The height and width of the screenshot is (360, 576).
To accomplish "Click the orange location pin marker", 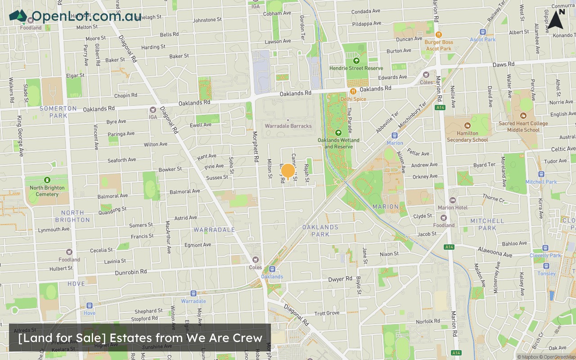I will click(x=288, y=171).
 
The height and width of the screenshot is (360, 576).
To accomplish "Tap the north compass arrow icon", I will click(x=556, y=19).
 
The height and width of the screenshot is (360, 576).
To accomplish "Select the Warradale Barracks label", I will click(x=288, y=126).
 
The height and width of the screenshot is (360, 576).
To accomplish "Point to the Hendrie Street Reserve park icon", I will click(x=356, y=61).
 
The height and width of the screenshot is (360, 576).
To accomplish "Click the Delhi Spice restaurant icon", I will click(x=353, y=91).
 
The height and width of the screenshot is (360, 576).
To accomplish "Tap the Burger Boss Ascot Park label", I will click(x=439, y=45).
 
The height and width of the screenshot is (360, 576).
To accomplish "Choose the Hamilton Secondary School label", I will click(x=467, y=136).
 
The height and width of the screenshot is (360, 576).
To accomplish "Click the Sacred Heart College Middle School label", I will click(x=523, y=126).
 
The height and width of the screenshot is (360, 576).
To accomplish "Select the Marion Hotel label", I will click(x=453, y=207).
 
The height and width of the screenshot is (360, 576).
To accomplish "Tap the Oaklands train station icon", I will click(x=272, y=269).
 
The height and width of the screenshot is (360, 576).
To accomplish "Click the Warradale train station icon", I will click(x=193, y=293).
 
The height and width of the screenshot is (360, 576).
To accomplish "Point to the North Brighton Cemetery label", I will click(x=47, y=191).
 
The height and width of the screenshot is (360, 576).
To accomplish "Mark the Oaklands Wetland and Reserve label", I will click(x=338, y=143).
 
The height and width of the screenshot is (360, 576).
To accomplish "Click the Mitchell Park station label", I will click(x=541, y=182).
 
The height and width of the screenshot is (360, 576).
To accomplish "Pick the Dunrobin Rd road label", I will click(x=131, y=272).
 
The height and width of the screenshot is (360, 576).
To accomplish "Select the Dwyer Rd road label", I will click(x=340, y=279).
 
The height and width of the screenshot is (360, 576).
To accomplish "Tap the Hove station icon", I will click(x=89, y=306).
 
